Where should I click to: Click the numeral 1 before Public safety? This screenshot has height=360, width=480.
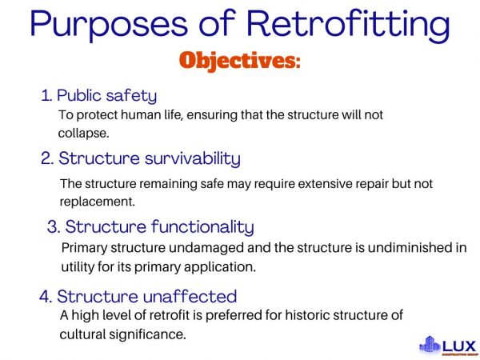point(45,96)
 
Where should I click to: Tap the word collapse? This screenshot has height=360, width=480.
point(82,133)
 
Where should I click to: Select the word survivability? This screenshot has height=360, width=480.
point(186,158)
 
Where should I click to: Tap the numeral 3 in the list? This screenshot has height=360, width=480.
point(53,227)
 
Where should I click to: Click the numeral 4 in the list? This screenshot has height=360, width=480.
point(45,297)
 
